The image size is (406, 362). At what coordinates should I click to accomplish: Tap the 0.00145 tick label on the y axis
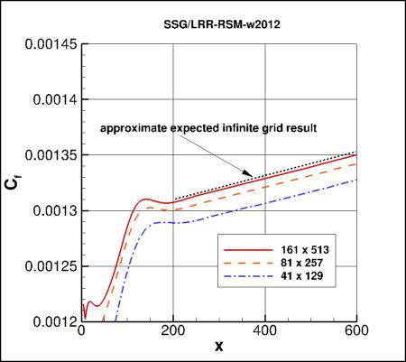coord(45,42)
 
